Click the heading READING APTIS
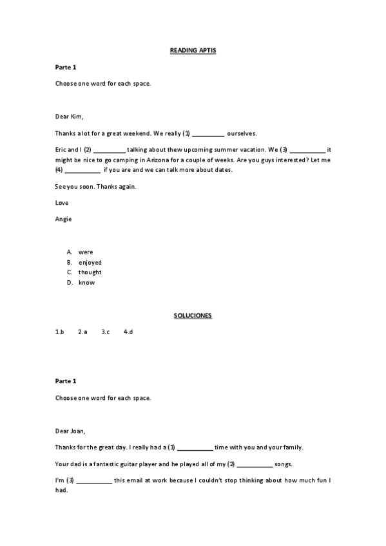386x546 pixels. [193, 50]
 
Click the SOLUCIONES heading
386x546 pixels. [193, 315]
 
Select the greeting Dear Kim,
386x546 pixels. [70, 117]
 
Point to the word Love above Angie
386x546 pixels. [62, 203]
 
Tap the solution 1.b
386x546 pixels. [60, 332]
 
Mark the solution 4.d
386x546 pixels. [128, 332]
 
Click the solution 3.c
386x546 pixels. [106, 332]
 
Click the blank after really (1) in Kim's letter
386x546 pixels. [208, 134]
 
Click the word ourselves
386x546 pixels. [242, 133]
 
